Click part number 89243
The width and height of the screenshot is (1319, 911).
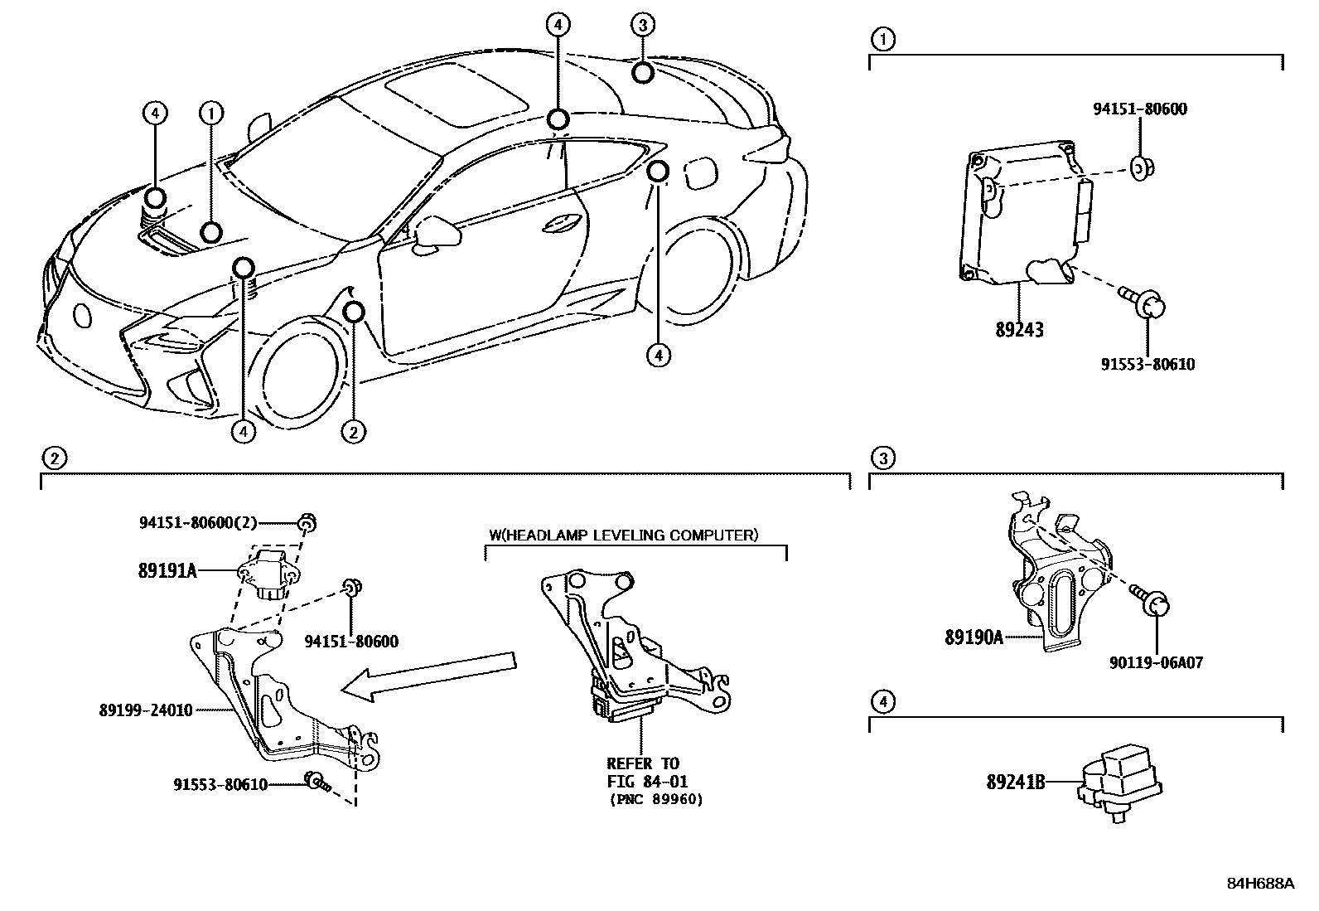(1019, 329)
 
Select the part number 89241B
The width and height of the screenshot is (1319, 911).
(1015, 782)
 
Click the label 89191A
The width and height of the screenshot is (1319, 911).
(167, 569)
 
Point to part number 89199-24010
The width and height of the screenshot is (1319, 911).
(146, 710)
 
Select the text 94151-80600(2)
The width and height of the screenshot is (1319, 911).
(199, 522)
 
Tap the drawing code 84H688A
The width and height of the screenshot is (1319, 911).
(1259, 884)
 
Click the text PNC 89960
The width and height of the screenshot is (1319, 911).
(655, 800)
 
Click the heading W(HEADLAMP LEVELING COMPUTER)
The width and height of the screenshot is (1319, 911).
(623, 535)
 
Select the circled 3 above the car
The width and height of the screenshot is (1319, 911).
(642, 25)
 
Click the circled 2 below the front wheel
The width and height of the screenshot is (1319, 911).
(354, 431)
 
